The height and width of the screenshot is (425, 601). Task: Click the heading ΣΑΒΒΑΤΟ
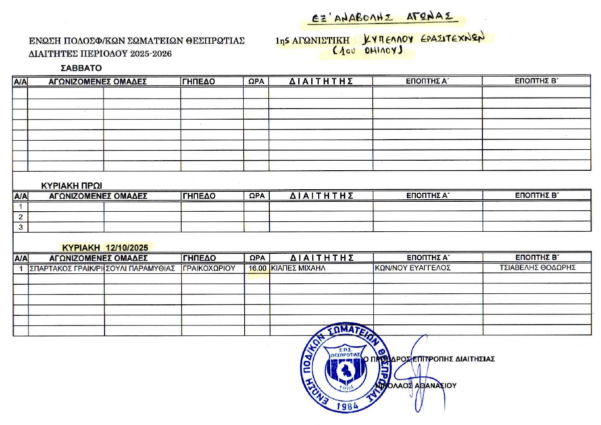81,68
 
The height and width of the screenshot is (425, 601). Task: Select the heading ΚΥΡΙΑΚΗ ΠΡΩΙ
72,186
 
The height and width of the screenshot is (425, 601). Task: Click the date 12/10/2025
128,247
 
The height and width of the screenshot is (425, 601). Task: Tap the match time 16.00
257,268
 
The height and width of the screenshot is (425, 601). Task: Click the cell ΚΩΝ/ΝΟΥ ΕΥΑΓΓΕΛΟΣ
413,268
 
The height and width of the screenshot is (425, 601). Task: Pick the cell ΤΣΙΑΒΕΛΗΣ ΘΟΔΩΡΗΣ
538,268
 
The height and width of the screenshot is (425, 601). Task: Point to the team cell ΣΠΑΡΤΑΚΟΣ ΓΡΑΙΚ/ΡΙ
66,268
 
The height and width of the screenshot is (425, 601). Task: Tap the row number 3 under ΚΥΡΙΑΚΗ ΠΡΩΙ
21,227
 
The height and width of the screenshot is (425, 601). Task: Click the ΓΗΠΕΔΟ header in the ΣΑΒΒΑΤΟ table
199,82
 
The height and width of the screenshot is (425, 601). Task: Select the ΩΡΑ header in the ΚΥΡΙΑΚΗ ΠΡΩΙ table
257,196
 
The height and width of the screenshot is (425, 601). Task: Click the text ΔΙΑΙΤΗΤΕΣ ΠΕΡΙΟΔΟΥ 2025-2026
100,54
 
